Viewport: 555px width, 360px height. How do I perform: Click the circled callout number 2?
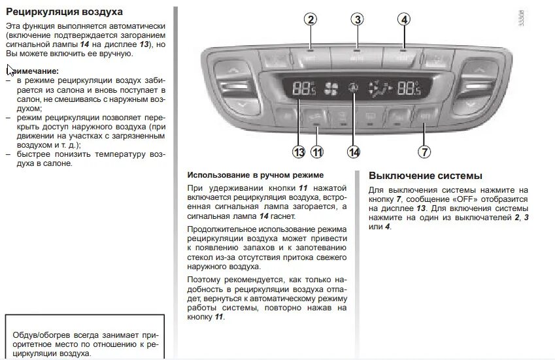[311, 20]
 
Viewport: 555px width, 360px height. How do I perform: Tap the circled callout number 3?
[356, 20]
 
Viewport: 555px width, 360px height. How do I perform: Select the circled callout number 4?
[405, 20]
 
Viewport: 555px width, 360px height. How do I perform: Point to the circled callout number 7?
[424, 152]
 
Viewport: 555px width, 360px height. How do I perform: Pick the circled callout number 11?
[317, 152]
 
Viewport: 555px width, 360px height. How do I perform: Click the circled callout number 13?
[299, 152]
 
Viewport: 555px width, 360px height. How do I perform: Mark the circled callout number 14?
[354, 152]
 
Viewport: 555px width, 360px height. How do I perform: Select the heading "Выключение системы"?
[426, 176]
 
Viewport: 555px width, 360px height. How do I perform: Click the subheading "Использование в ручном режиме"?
[256, 175]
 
